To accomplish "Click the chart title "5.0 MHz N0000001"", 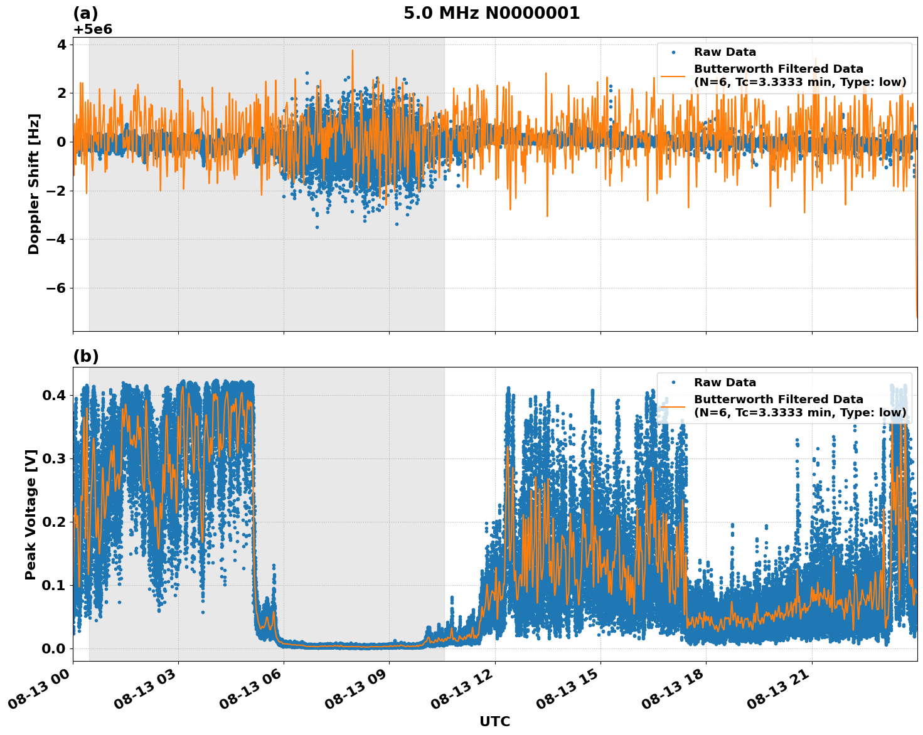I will tap(491, 13).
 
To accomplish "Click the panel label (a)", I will tap(85, 13).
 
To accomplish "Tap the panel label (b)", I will tap(86, 356).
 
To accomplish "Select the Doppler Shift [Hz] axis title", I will tap(34, 184).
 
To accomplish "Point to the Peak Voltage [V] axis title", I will tap(31, 514).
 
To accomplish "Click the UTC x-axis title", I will tap(494, 721).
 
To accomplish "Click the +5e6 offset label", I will tap(93, 29).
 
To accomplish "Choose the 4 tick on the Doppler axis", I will tap(61, 45).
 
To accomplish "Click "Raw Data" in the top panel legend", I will tap(725, 53).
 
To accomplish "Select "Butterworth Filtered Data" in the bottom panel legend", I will tap(778, 399).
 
